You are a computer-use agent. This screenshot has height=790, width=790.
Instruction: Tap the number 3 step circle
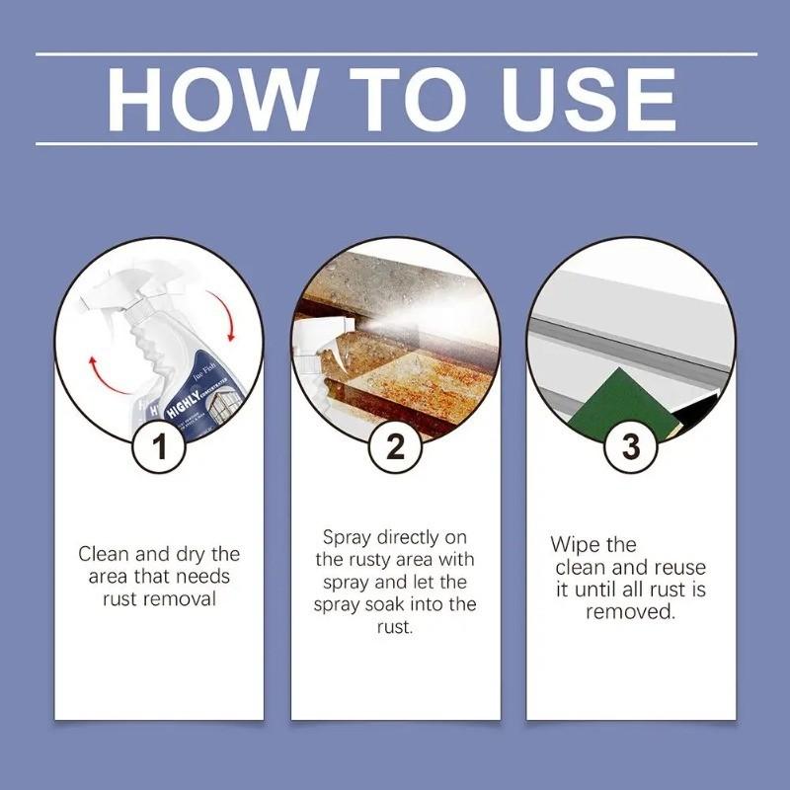click(630, 446)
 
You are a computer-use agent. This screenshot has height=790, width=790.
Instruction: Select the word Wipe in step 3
click(580, 545)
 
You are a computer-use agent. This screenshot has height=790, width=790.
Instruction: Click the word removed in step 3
click(629, 612)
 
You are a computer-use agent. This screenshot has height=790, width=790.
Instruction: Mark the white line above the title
click(395, 53)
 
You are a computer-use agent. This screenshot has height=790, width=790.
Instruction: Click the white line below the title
click(395, 144)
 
